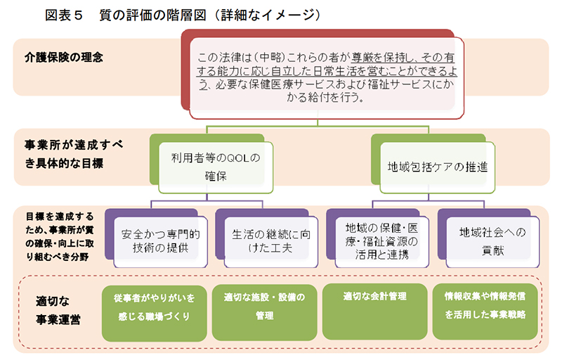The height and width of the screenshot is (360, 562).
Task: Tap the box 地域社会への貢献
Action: click(x=492, y=240)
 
